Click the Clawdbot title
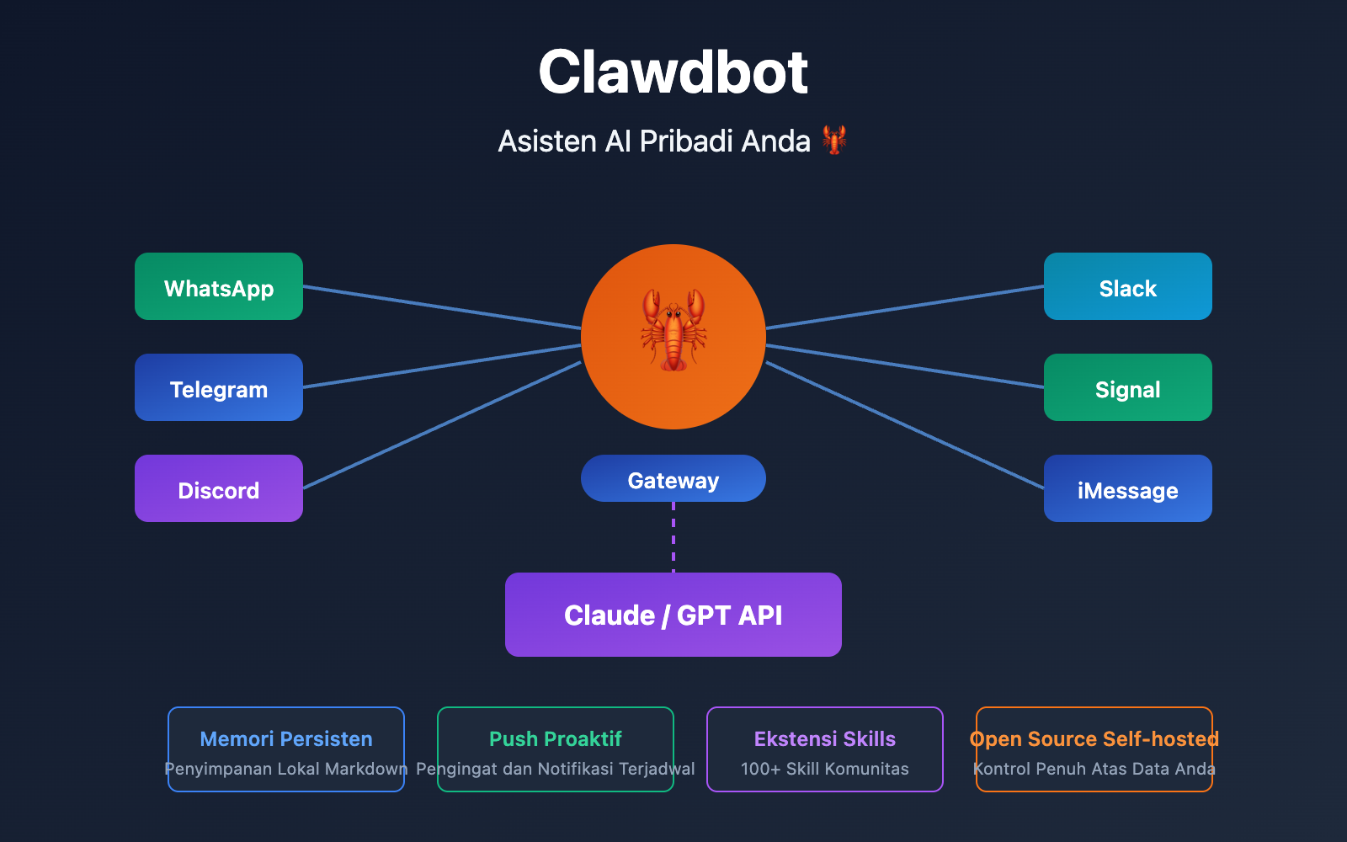[673, 72]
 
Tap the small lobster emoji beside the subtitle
[833, 140]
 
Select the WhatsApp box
[219, 286]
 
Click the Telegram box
[219, 387]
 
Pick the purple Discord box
[219, 488]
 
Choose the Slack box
[1128, 286]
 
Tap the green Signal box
[1128, 387]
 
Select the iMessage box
[1128, 488]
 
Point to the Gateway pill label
[673, 479]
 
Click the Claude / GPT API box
[673, 615]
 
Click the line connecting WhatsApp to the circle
[442, 307]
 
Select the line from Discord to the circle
[442, 425]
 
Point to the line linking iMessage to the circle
[905, 425]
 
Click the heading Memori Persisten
[286, 738]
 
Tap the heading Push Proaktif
[556, 738]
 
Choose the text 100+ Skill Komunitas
[825, 769]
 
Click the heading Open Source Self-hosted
[1094, 738]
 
